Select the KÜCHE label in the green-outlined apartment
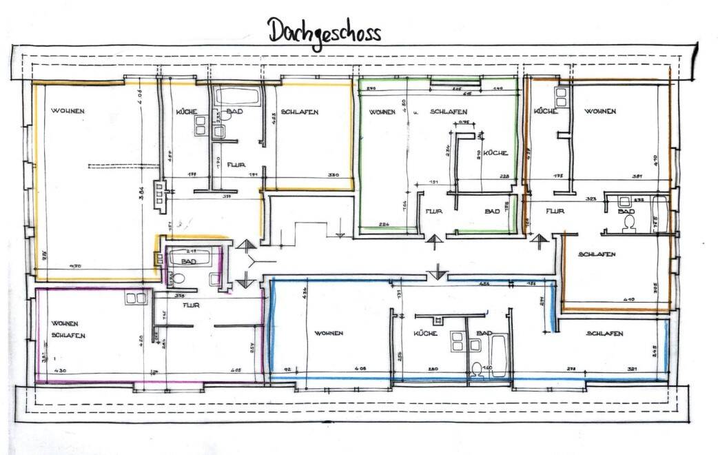click(495, 152)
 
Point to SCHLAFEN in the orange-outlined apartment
click(597, 254)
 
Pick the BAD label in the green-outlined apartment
click(492, 212)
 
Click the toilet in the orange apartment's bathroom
click(628, 224)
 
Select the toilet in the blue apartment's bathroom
click(477, 368)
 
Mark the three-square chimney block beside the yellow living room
click(161, 193)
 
